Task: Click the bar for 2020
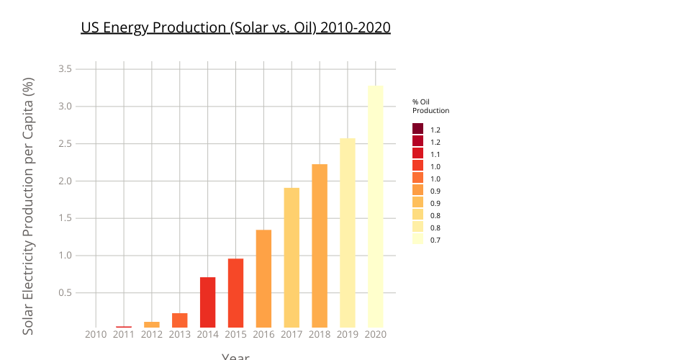(x=376, y=207)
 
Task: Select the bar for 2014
(x=208, y=302)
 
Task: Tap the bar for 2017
(x=292, y=258)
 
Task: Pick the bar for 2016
(x=263, y=279)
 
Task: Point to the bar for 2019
(x=348, y=233)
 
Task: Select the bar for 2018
(x=320, y=246)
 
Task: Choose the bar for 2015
(x=235, y=293)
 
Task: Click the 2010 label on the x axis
(x=96, y=335)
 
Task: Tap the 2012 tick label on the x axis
(x=152, y=335)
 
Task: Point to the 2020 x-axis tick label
(x=376, y=335)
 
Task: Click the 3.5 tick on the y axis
(x=64, y=69)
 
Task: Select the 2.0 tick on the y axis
(x=64, y=181)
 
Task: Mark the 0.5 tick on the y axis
(x=64, y=293)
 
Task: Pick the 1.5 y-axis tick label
(x=64, y=218)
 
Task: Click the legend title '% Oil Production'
(x=430, y=107)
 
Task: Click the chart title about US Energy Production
(x=235, y=28)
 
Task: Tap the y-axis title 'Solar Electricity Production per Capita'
(x=28, y=207)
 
